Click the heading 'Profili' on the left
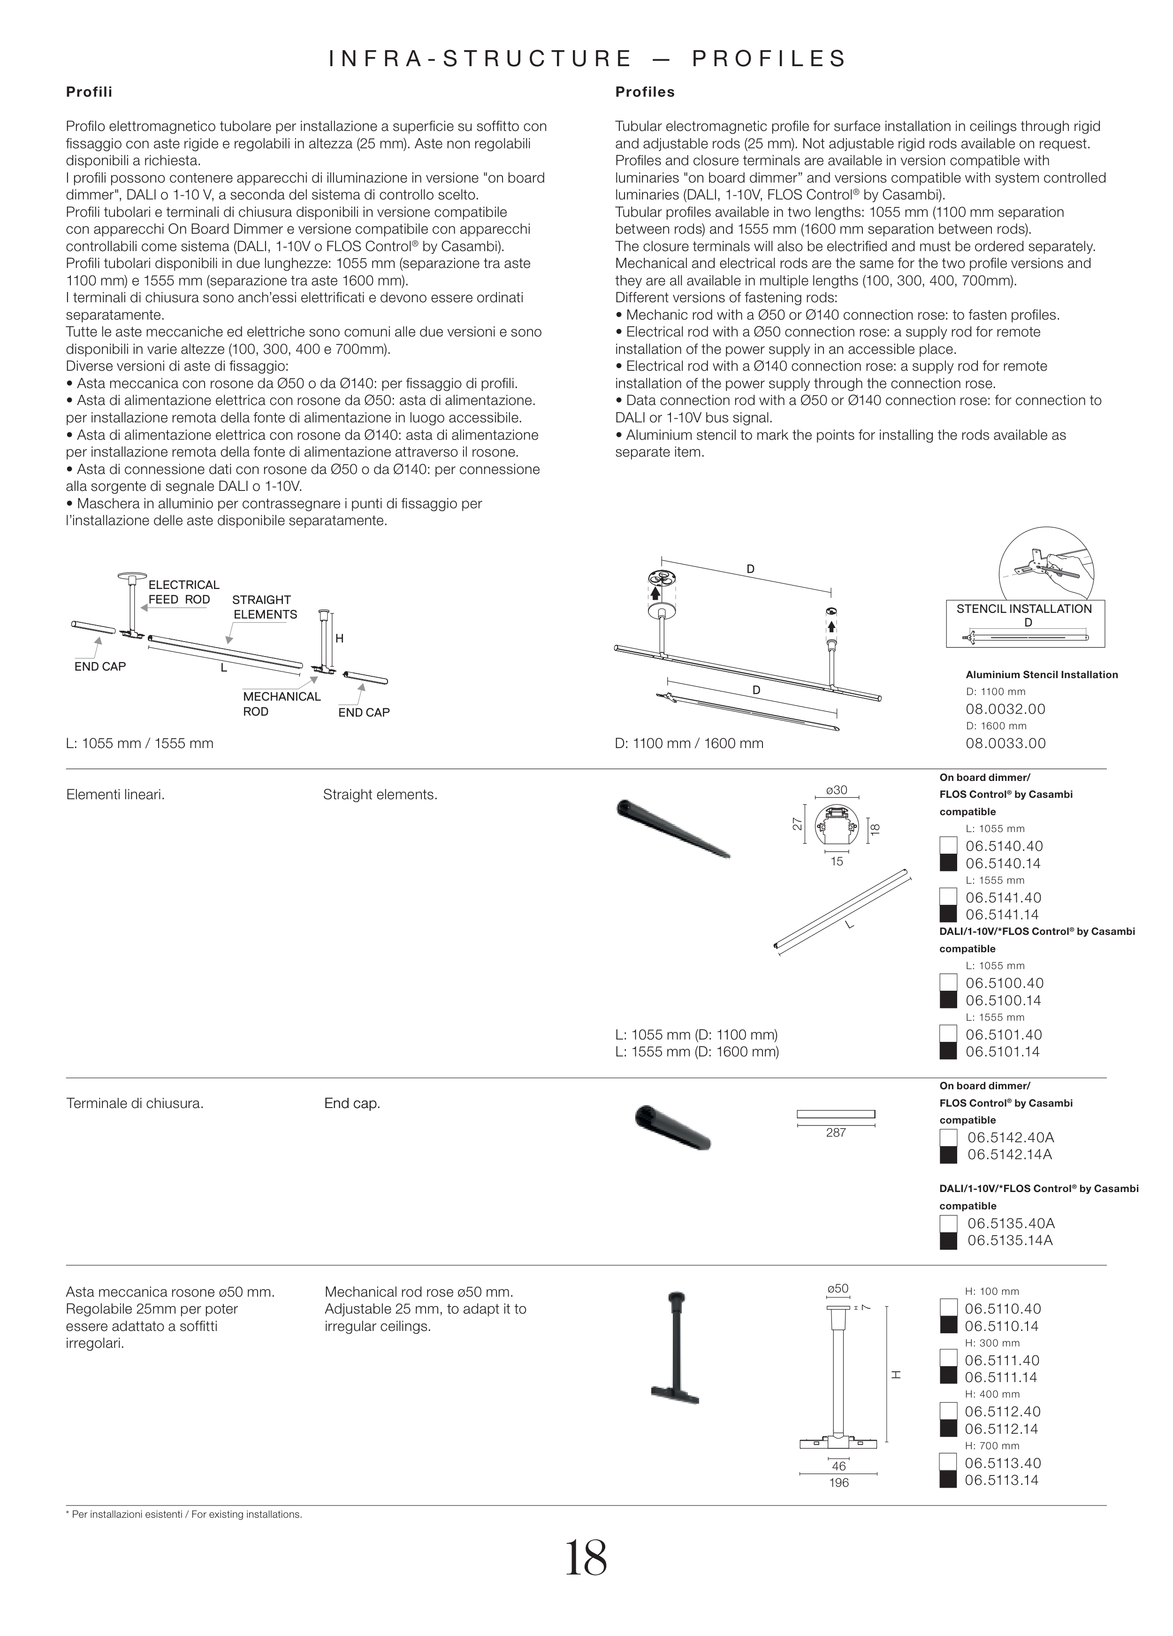[89, 92]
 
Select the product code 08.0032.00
[1005, 709]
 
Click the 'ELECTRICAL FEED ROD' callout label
[183, 592]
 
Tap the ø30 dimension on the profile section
[836, 791]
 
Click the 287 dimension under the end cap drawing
[836, 1133]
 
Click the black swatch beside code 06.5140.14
[948, 864]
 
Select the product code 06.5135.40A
[1010, 1223]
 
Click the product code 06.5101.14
[1002, 1052]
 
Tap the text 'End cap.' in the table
[352, 1104]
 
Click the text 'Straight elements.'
[380, 795]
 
